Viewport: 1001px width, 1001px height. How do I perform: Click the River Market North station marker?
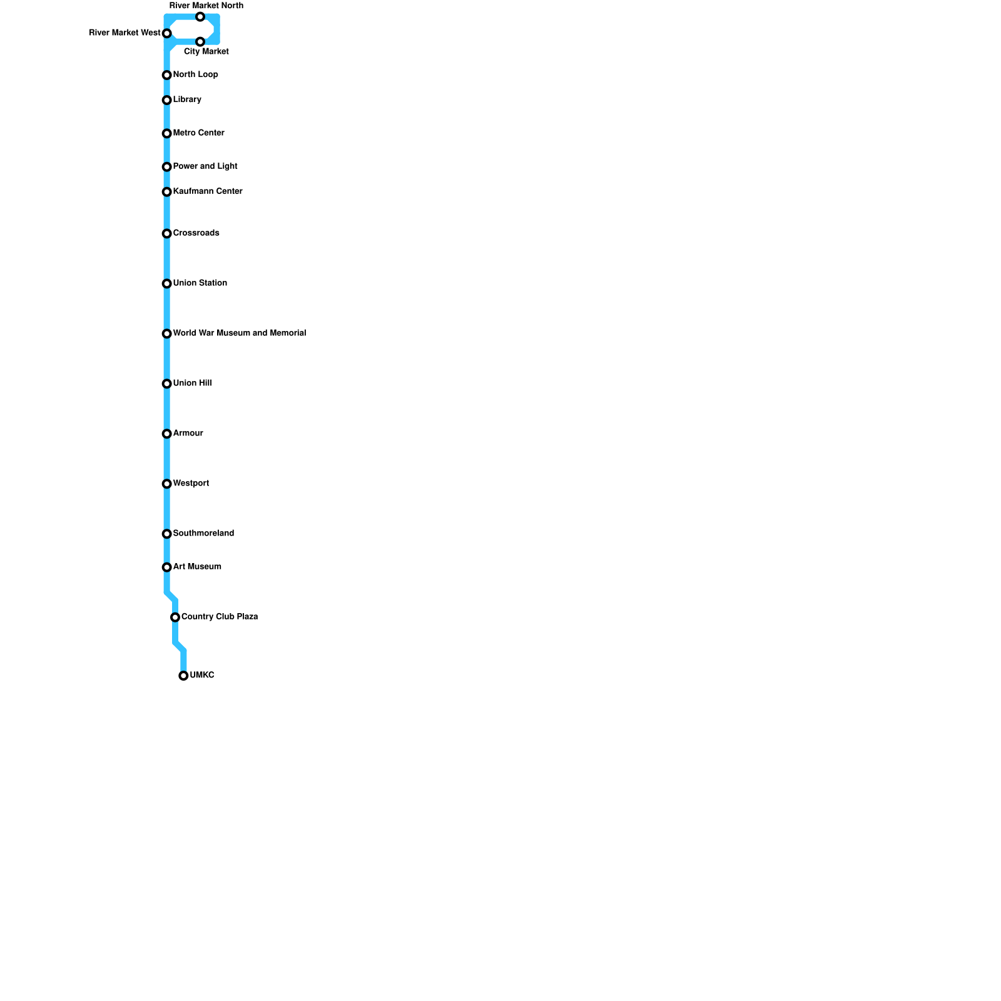[x=200, y=17]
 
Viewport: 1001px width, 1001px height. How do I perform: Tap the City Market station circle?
[x=200, y=42]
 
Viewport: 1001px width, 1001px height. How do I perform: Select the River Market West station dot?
[x=167, y=33]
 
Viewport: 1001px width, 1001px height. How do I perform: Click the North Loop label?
[x=195, y=74]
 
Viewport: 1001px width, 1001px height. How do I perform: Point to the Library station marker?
[x=167, y=100]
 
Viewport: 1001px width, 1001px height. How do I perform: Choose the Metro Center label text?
[x=198, y=133]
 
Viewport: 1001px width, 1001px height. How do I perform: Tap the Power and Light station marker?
[x=167, y=167]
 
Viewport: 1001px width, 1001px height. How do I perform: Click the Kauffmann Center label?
[x=208, y=191]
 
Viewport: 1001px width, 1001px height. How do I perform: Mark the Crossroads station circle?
[x=167, y=234]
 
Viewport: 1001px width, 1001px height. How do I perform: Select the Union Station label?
[x=200, y=283]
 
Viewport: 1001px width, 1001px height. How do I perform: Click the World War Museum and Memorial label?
[x=239, y=333]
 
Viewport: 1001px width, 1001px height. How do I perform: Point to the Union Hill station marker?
[x=167, y=384]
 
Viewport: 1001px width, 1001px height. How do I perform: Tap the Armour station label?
[x=188, y=433]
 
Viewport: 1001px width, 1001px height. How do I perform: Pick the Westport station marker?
[x=167, y=484]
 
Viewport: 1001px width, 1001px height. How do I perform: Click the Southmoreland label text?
[x=203, y=533]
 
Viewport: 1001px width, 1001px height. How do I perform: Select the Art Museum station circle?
[x=167, y=567]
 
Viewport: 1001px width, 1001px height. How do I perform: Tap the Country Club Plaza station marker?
[x=175, y=617]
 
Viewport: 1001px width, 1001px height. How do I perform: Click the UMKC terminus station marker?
[x=183, y=676]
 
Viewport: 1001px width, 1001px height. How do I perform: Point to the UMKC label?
[x=202, y=675]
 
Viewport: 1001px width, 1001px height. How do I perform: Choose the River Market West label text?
[x=124, y=33]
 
